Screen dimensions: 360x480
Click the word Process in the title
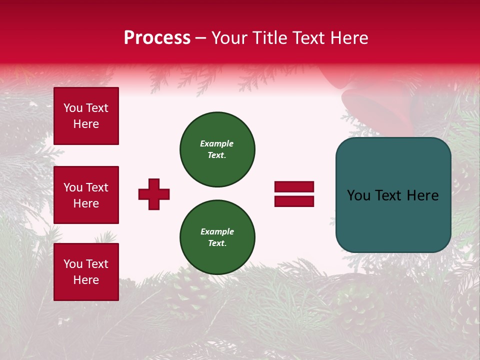click(157, 38)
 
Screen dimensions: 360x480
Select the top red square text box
click(86, 116)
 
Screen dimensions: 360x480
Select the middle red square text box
click(86, 195)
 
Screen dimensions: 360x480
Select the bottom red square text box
click(86, 271)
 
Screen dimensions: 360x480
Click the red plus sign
click(154, 194)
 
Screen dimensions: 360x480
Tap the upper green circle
click(217, 149)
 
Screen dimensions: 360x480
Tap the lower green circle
click(217, 237)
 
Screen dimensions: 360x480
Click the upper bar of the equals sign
click(294, 187)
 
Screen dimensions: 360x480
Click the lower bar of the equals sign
click(294, 201)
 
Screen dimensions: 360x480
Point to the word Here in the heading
click(349, 38)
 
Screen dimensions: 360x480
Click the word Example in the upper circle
click(216, 143)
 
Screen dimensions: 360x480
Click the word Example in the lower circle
click(217, 231)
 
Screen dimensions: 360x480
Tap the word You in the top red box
click(73, 108)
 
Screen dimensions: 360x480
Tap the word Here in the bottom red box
click(86, 280)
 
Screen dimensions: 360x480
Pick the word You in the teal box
click(358, 195)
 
